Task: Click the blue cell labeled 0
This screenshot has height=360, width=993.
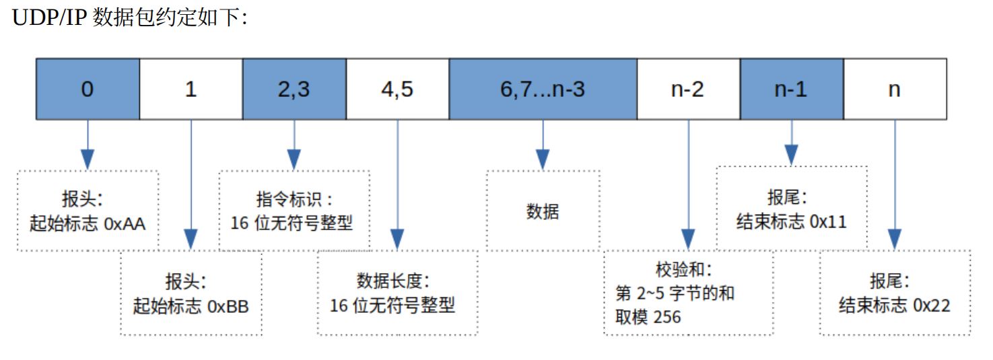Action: (x=88, y=89)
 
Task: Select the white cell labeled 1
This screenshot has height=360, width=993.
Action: (x=191, y=89)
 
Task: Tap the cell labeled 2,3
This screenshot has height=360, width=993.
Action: (x=294, y=89)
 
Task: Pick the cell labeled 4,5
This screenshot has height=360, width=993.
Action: (x=398, y=89)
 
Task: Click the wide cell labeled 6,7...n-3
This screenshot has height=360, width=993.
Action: (x=543, y=89)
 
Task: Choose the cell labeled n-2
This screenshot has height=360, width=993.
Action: (x=689, y=89)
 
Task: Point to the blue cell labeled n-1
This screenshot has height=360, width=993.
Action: (x=792, y=89)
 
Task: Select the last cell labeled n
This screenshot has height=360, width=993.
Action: (x=895, y=89)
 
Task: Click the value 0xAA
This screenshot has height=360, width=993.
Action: (x=125, y=223)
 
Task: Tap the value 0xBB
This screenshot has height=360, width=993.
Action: (x=228, y=306)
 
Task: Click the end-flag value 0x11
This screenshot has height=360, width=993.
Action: (x=828, y=221)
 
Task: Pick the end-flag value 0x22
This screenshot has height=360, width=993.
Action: (x=932, y=305)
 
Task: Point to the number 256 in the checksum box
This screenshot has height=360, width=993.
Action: (x=667, y=317)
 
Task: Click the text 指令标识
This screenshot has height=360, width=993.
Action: (x=289, y=199)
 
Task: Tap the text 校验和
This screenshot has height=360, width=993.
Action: (x=680, y=269)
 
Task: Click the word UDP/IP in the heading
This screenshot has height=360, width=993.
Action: (x=48, y=17)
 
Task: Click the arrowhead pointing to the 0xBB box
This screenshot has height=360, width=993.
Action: (x=191, y=240)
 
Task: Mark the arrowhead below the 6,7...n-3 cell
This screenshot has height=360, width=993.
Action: (x=543, y=159)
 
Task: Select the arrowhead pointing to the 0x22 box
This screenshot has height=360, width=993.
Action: (x=895, y=240)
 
